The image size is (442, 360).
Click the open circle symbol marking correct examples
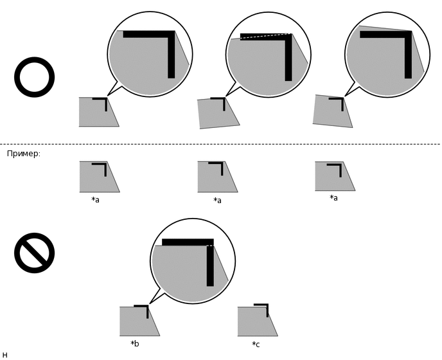35,60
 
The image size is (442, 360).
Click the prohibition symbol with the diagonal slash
35,253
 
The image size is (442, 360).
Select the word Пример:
24,154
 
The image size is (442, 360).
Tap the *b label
135,344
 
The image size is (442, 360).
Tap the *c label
256,344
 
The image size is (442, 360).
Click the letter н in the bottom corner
4,355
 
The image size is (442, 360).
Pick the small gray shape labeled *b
139,321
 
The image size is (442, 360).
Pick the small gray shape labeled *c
258,321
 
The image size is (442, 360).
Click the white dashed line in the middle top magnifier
265,36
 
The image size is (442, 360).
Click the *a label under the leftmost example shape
95,200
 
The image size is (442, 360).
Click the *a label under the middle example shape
217,201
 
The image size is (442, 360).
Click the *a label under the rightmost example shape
334,198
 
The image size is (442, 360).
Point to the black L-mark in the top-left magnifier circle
171,35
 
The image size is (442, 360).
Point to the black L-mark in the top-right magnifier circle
408,35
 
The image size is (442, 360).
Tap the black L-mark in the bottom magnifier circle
210,242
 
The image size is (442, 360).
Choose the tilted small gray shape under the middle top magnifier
218,113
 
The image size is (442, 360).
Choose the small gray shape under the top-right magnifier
333,111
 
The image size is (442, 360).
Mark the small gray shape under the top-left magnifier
99,112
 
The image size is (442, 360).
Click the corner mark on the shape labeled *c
267,305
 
